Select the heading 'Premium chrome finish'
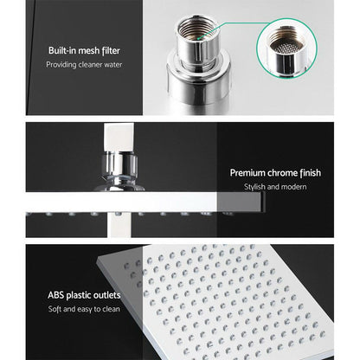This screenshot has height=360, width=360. click(x=275, y=173)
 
